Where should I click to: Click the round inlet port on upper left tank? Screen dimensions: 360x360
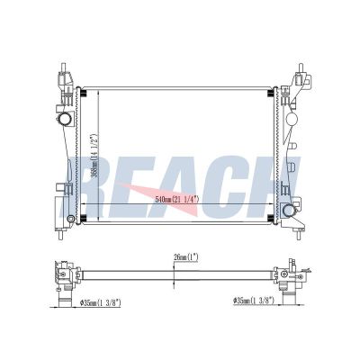point(66,120)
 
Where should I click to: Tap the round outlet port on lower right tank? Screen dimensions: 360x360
point(289,210)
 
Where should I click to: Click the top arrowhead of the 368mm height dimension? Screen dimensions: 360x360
point(83,93)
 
